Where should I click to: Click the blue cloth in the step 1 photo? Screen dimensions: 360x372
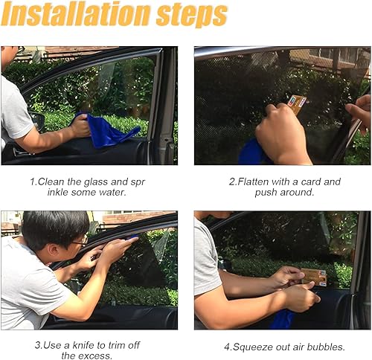(x=109, y=131)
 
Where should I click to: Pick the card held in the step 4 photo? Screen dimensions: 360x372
(x=313, y=277)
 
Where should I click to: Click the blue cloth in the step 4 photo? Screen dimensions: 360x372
(x=283, y=320)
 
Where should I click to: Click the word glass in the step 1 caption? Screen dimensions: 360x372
(x=111, y=181)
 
